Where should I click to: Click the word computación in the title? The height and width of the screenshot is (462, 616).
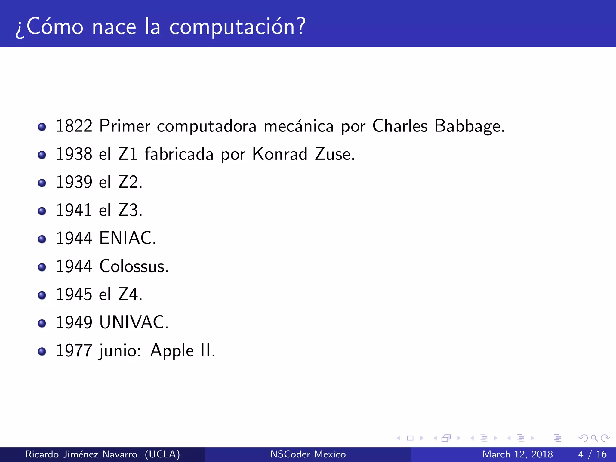tap(238, 27)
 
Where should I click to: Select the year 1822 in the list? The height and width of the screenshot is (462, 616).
tap(74, 126)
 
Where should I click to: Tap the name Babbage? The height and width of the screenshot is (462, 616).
tap(469, 126)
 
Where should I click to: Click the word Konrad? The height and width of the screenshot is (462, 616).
tap(280, 154)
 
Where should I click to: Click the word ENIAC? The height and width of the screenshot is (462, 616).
tap(128, 238)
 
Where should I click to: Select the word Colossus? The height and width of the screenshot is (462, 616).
tap(134, 266)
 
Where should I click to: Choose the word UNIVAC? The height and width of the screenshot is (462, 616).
tap(134, 322)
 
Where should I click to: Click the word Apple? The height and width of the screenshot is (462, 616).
tap(172, 351)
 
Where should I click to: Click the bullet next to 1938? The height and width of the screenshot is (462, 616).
tap(42, 155)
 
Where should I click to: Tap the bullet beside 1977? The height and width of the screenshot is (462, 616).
tap(42, 351)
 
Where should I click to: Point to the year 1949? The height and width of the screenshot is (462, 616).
tap(74, 322)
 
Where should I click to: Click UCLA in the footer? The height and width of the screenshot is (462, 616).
tap(162, 454)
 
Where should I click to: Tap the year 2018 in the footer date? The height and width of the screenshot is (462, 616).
tap(542, 454)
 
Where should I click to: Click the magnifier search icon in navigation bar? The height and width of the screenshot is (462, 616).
tap(594, 438)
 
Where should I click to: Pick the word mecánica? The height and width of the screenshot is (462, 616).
tap(298, 126)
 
